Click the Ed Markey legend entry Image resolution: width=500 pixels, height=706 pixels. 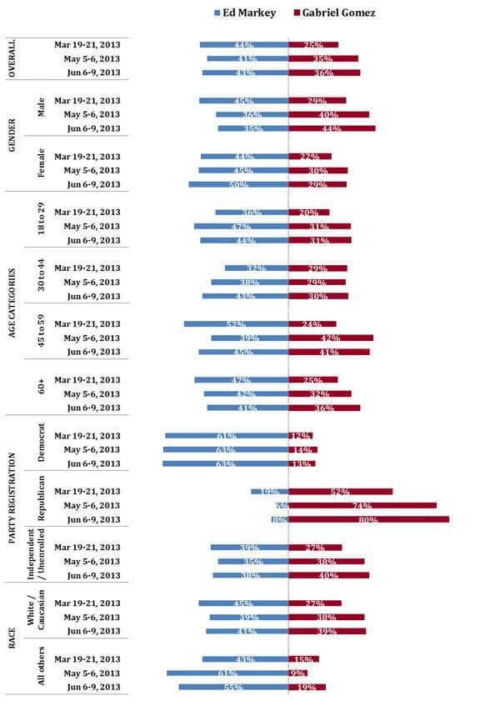tap(246, 13)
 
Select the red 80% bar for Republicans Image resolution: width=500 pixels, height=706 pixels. tap(368, 519)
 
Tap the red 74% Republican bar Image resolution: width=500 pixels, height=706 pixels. tap(362, 505)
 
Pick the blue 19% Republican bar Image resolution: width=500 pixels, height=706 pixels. tap(269, 492)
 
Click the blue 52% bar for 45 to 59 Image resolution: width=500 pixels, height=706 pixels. tap(236, 324)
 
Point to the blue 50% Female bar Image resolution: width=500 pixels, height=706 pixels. tap(238, 184)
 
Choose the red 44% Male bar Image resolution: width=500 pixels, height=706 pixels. tap(332, 128)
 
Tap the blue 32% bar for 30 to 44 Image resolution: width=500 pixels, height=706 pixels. tap(256, 268)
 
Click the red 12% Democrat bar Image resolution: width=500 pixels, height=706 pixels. tap(300, 436)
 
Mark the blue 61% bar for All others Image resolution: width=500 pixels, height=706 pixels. tap(227, 673)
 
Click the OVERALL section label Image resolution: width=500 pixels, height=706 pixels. tap(12, 58)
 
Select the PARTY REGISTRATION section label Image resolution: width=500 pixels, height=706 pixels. tap(12, 498)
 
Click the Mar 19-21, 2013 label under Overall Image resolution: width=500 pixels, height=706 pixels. tap(87, 45)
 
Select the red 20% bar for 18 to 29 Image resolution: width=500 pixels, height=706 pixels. tap(308, 213)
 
